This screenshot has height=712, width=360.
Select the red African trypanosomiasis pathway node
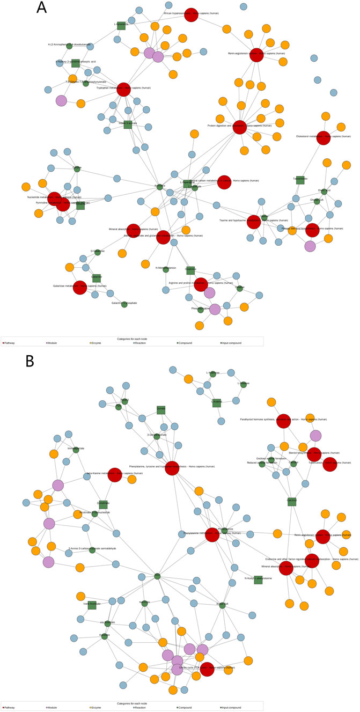(191, 16)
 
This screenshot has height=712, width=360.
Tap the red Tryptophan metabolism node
(123, 89)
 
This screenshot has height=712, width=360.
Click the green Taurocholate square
(300, 180)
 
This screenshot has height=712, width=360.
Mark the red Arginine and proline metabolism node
(201, 284)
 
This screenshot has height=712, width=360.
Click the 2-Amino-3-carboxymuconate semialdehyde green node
(92, 550)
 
